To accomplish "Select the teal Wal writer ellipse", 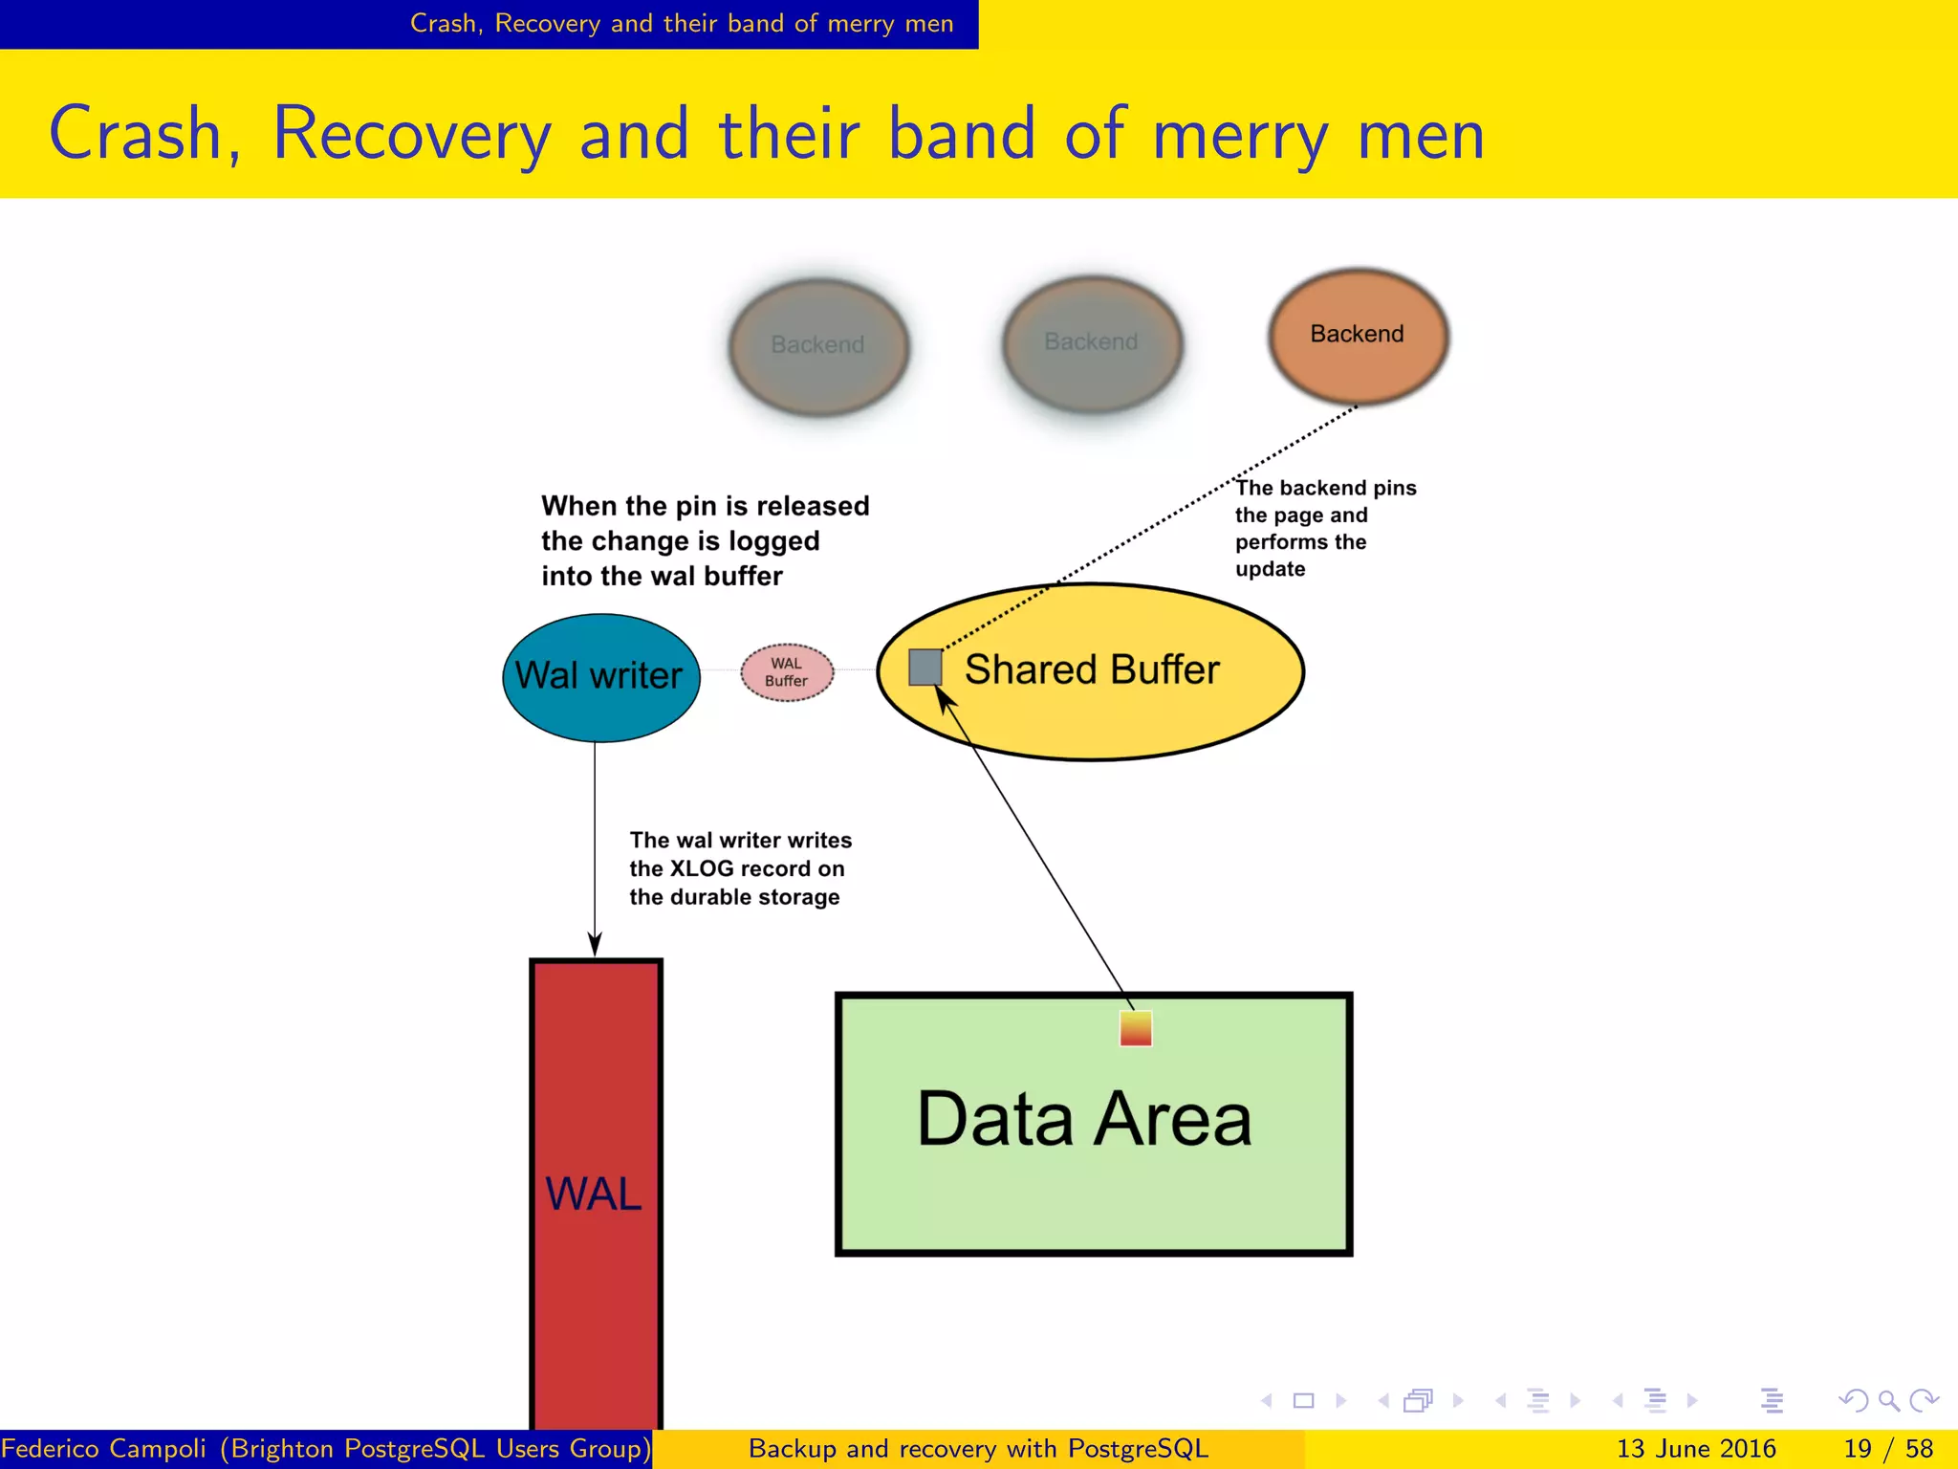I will pyautogui.click(x=600, y=677).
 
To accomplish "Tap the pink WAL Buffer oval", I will pyautogui.click(x=787, y=672).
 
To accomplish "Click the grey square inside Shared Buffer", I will pyautogui.click(x=925, y=667).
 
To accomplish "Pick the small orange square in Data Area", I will pyautogui.click(x=1135, y=1029).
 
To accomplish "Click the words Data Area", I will pyautogui.click(x=1083, y=1119).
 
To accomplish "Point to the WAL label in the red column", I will pyautogui.click(x=594, y=1195).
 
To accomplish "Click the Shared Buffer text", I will pyautogui.click(x=1092, y=669).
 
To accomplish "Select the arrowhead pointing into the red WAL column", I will pyautogui.click(x=595, y=945).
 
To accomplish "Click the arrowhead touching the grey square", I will pyautogui.click(x=945, y=700).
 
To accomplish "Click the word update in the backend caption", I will pyautogui.click(x=1270, y=569).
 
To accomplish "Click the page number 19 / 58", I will pyautogui.click(x=1887, y=1449).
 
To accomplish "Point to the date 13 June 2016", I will pyautogui.click(x=1695, y=1449).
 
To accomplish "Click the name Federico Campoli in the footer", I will pyautogui.click(x=103, y=1449).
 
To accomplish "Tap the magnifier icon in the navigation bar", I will pyautogui.click(x=1888, y=1401).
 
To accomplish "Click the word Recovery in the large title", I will pyautogui.click(x=412, y=134).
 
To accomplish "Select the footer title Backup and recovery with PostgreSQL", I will pyautogui.click(x=978, y=1449).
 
